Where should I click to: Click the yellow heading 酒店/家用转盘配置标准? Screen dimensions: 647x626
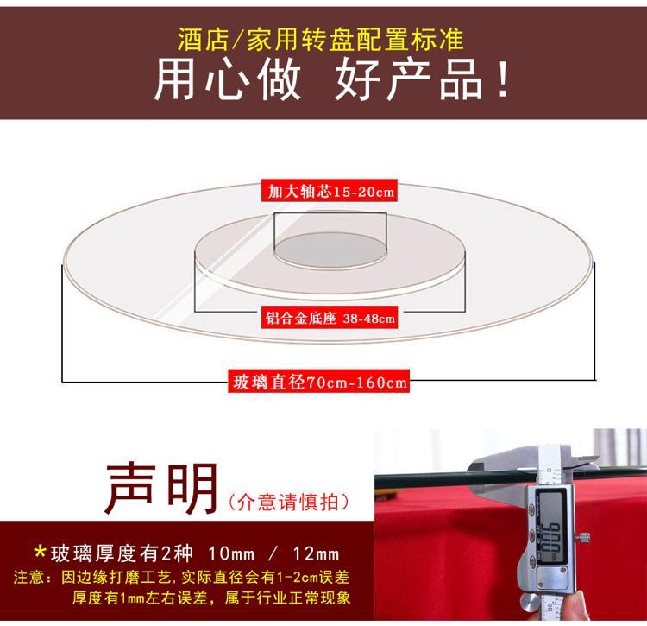pos(321,40)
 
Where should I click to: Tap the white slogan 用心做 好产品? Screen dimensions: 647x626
pos(333,79)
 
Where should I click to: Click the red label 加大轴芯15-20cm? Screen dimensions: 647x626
pos(330,191)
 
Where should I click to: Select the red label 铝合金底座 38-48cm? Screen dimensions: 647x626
pos(330,318)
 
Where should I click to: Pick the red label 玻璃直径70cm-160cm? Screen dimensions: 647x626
pos(319,382)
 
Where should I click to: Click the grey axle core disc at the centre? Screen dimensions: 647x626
pos(330,250)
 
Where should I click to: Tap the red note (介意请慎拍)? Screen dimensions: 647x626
pos(289,503)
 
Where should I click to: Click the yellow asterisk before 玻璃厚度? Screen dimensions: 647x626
pos(40,552)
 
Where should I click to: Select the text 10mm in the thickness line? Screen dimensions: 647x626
pos(231,553)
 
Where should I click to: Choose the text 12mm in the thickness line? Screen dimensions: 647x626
pos(316,553)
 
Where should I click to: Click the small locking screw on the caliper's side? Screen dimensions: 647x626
pos(584,538)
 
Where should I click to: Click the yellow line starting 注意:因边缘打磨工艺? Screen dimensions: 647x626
pos(181,577)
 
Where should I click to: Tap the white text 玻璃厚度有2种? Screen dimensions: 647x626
pos(122,553)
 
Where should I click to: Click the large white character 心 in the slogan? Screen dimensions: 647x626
pos(227,79)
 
